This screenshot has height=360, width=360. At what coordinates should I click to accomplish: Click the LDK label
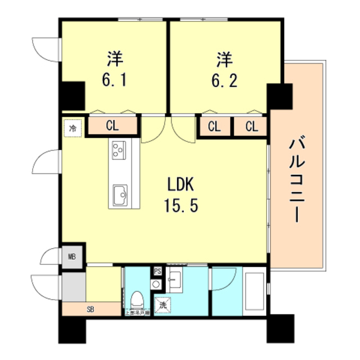[181, 184]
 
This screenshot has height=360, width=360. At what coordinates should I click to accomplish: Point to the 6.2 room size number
[224, 79]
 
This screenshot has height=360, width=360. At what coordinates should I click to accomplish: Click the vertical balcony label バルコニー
[296, 179]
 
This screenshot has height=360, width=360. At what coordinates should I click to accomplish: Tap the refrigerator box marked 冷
[73, 128]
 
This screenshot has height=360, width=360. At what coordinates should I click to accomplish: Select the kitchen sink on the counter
[119, 195]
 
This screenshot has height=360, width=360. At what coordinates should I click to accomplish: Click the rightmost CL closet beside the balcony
[251, 127]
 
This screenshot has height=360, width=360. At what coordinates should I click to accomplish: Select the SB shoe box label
[91, 309]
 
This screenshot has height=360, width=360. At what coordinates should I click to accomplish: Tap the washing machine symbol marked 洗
[163, 304]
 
